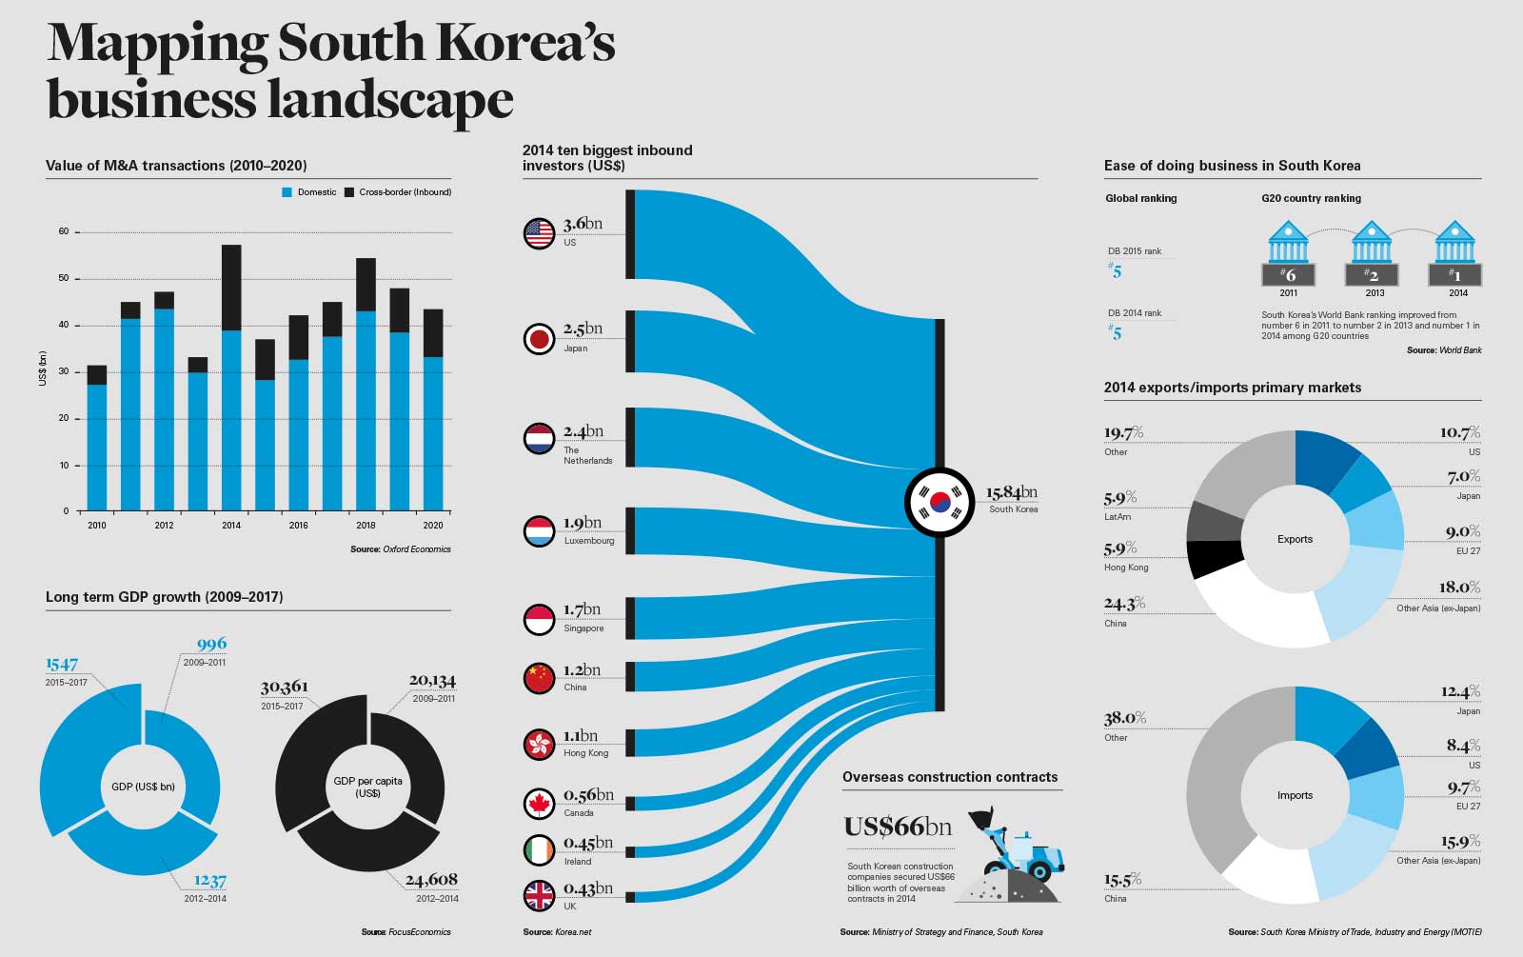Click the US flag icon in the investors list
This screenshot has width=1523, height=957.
click(x=539, y=233)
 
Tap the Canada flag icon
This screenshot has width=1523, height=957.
click(x=539, y=804)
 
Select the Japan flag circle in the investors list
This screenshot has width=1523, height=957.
click(x=539, y=339)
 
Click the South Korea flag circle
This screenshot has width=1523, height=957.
click(x=940, y=503)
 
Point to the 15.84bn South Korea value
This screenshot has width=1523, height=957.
click(x=1011, y=492)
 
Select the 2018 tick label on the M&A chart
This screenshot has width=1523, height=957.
click(x=366, y=525)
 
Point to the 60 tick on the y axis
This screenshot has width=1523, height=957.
click(x=64, y=231)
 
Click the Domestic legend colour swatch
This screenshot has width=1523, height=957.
click(x=287, y=192)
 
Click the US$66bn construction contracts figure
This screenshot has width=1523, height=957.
click(x=898, y=827)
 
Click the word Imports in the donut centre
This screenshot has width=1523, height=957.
click(x=1295, y=795)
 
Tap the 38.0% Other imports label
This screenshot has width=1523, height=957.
click(x=1124, y=718)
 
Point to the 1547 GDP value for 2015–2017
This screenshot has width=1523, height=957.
click(x=62, y=664)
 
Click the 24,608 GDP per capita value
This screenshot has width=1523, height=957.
click(x=431, y=880)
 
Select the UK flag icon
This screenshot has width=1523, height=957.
click(x=539, y=895)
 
